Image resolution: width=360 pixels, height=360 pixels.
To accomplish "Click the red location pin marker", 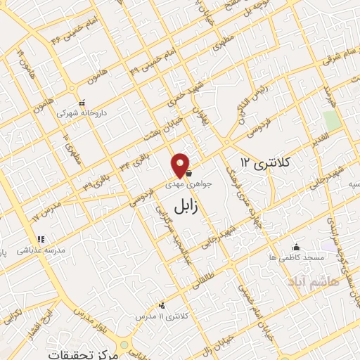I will tap(181, 165).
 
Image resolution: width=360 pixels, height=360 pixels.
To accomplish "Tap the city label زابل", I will tap(185, 207).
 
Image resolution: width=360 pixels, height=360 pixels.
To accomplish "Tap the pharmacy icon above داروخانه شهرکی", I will tap(82, 101).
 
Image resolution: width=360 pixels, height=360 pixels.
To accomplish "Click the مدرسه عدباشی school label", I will tap(45, 249).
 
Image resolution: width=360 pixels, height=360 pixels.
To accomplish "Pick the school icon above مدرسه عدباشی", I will tap(41, 239).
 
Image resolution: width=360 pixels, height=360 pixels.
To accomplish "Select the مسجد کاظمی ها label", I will tap(299, 258).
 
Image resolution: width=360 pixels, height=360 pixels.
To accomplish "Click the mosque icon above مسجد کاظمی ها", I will tap(296, 247).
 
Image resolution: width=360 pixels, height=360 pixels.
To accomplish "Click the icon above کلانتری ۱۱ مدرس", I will tap(162, 305).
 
